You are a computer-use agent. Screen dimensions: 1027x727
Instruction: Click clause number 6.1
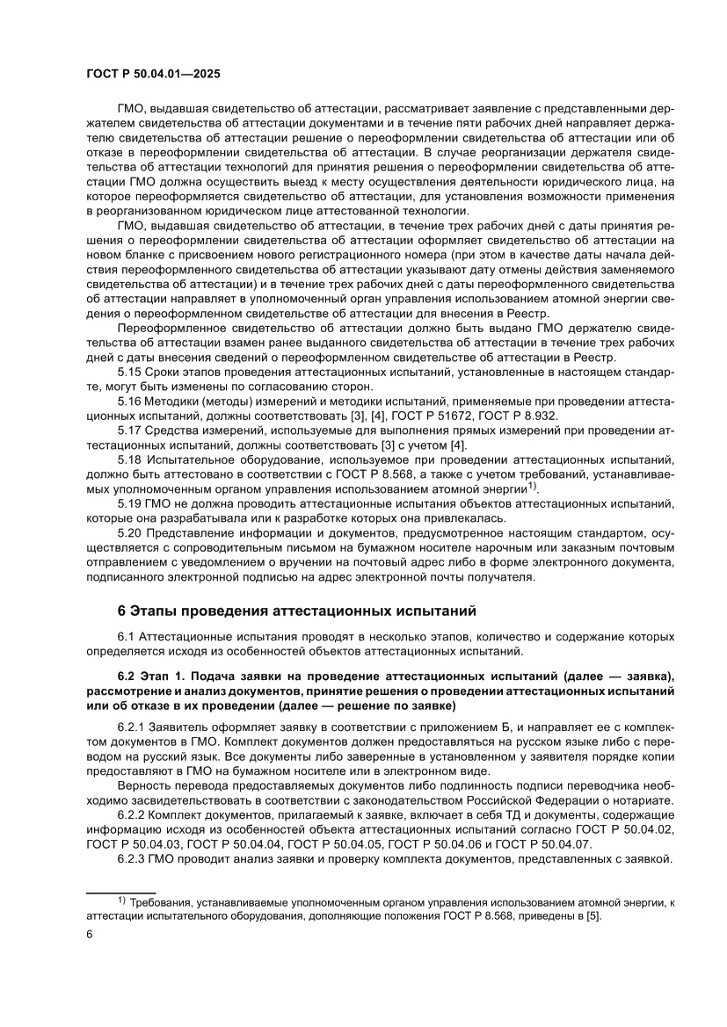pyautogui.click(x=127, y=635)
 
